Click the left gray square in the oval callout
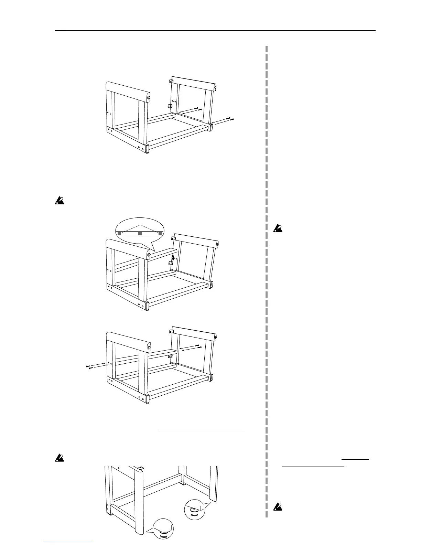[119, 234]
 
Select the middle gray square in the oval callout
[140, 234]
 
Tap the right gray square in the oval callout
[160, 234]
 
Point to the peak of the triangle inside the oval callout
[140, 225]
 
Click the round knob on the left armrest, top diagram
[149, 98]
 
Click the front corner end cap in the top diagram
[147, 149]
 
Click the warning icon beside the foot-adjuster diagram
[59, 458]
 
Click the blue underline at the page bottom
[69, 543]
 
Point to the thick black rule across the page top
[215, 31]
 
